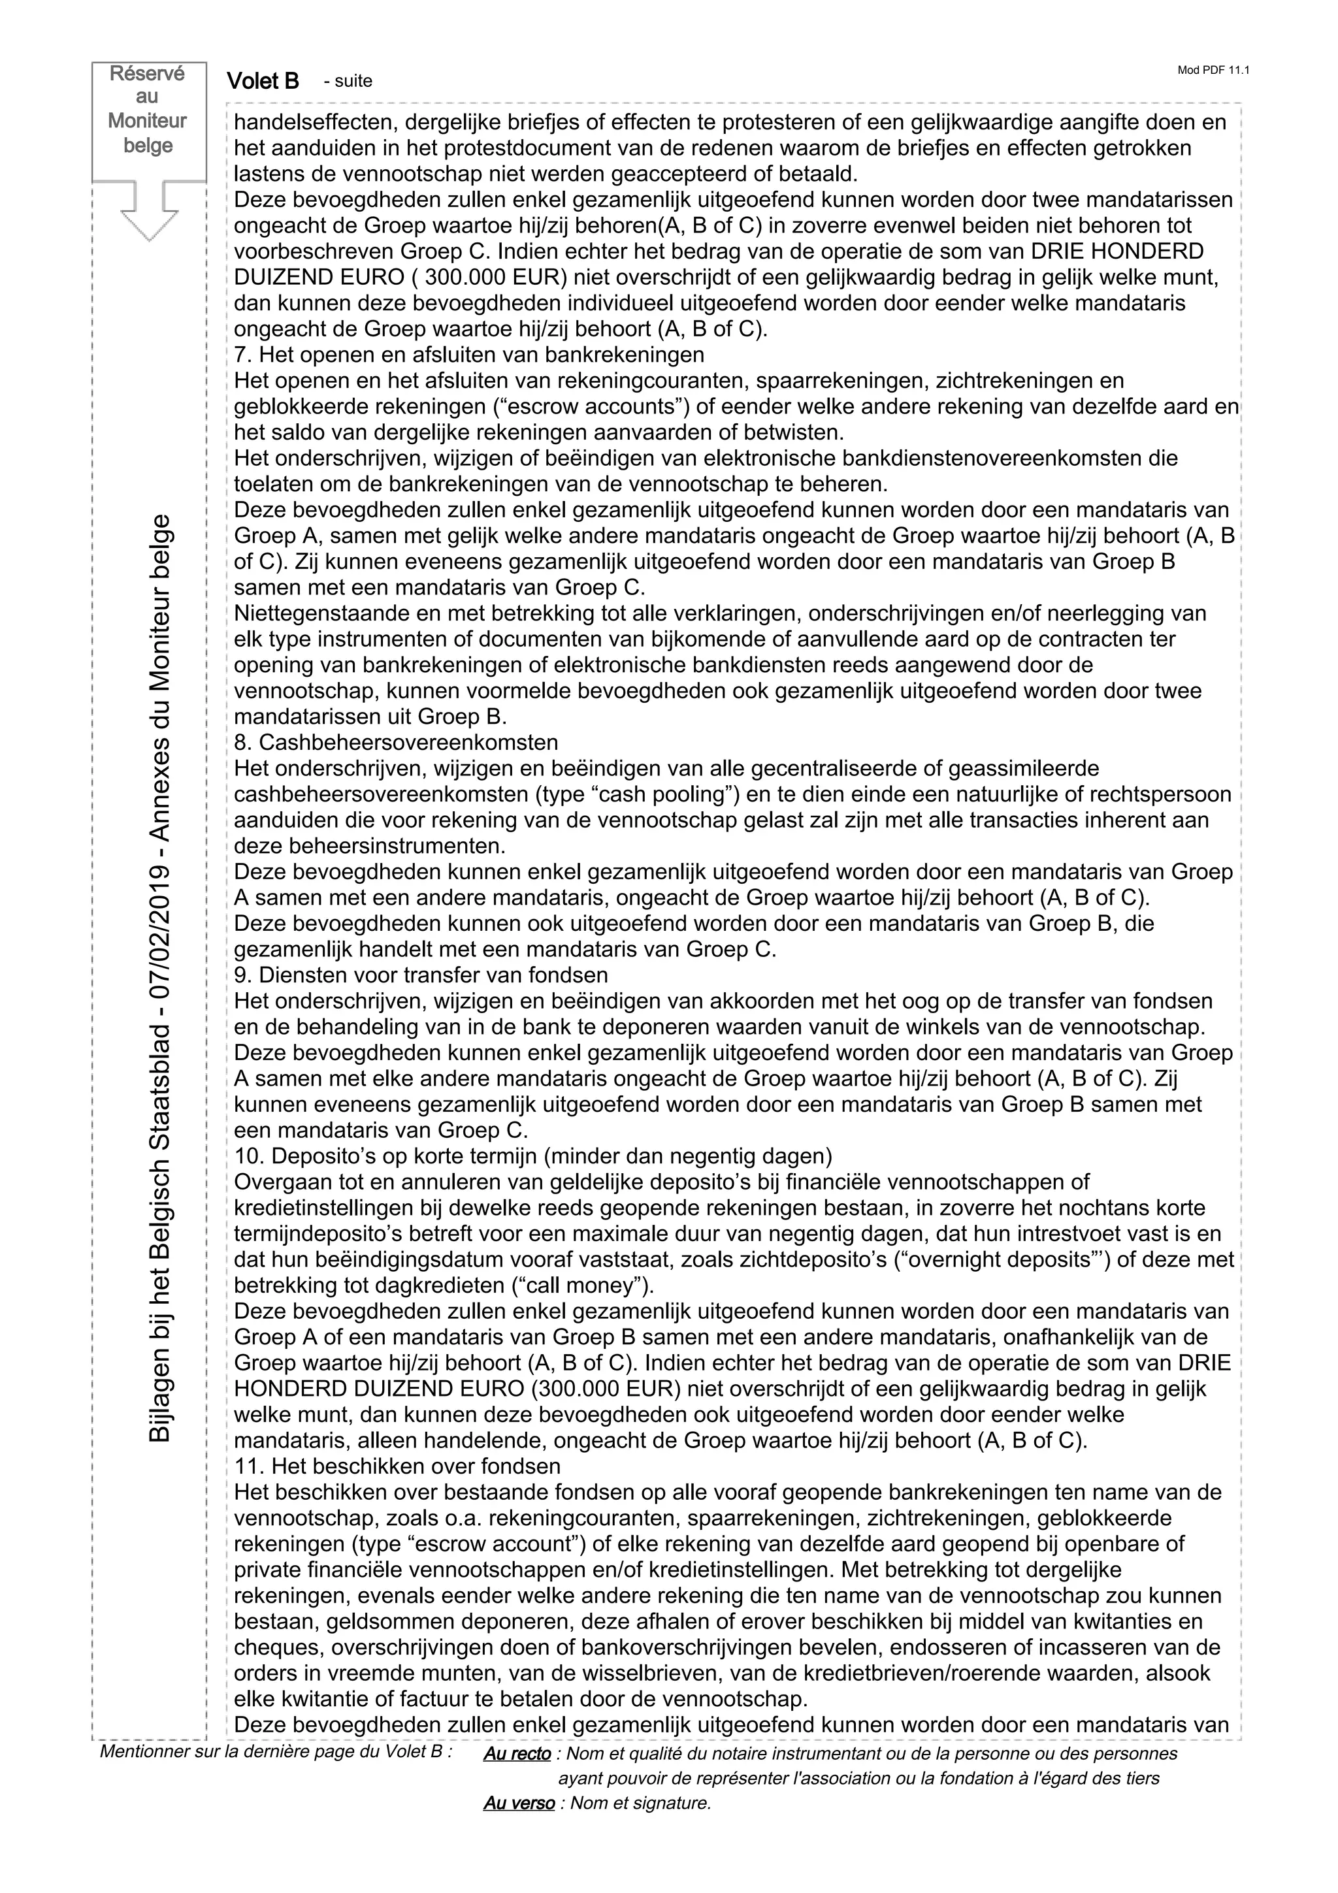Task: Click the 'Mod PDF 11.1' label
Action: (x=1213, y=70)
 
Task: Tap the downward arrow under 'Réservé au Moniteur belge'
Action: (x=149, y=211)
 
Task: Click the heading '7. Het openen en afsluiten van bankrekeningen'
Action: (x=469, y=355)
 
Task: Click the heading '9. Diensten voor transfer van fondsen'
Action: (x=421, y=975)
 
